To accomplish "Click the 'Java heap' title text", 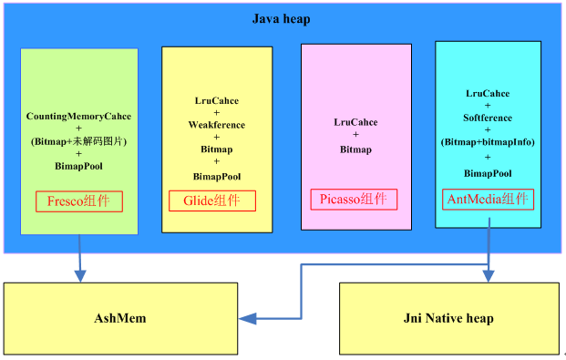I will (283, 19).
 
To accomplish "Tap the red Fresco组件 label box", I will (79, 201).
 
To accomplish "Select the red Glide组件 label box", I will (212, 201).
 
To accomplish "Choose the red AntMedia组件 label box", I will (488, 198).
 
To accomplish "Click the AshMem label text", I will (121, 318).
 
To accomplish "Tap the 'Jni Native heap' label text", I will (448, 318).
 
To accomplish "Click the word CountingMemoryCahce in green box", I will (78, 116).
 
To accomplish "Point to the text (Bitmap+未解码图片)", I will (78, 141).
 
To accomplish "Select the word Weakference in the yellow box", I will (217, 125).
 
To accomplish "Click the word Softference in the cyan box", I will (488, 118).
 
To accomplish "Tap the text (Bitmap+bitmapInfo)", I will (488, 142).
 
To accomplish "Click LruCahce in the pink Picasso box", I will (355, 122).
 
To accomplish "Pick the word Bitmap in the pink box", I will (355, 149).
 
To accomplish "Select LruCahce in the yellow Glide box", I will (217, 100).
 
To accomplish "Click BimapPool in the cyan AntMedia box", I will (488, 172).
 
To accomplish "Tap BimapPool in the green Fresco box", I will (78, 167).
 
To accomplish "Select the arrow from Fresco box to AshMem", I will (79, 255).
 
